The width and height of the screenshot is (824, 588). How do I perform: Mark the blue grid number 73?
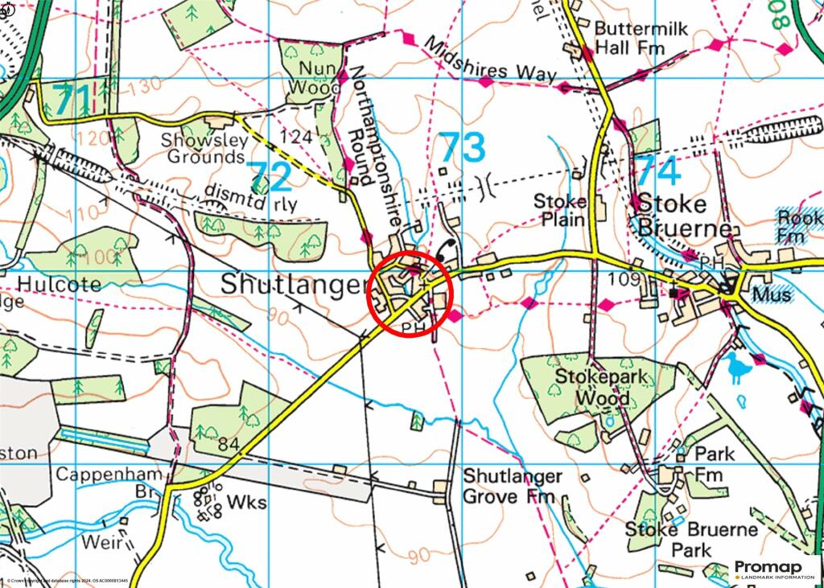tap(463, 149)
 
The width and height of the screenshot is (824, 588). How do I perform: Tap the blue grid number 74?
tap(657, 171)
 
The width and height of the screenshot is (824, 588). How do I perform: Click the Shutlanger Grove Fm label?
tap(512, 487)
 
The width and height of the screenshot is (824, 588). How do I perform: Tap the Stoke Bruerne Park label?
tap(691, 540)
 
